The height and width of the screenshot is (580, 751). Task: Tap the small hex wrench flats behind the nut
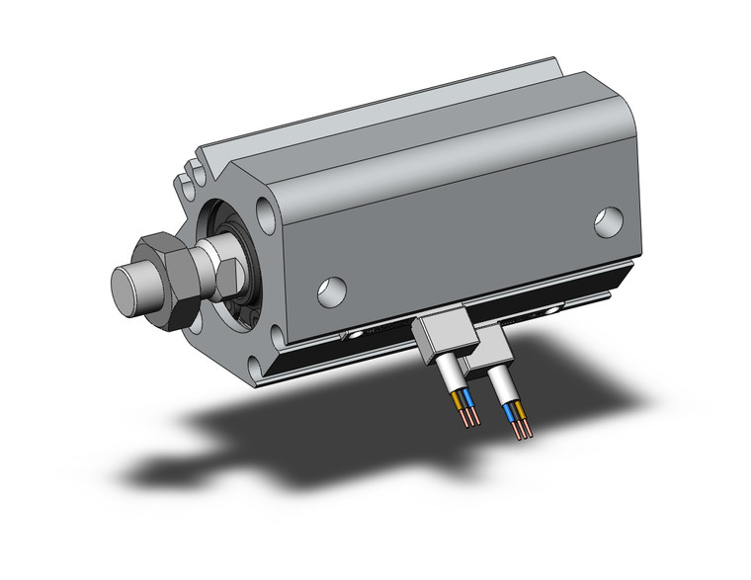[213, 265]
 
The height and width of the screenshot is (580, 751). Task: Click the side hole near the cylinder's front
[331, 288]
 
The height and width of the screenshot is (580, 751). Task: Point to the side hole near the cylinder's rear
[609, 223]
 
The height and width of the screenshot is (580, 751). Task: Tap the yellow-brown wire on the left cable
[456, 399]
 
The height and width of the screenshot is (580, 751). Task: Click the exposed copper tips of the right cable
[521, 430]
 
